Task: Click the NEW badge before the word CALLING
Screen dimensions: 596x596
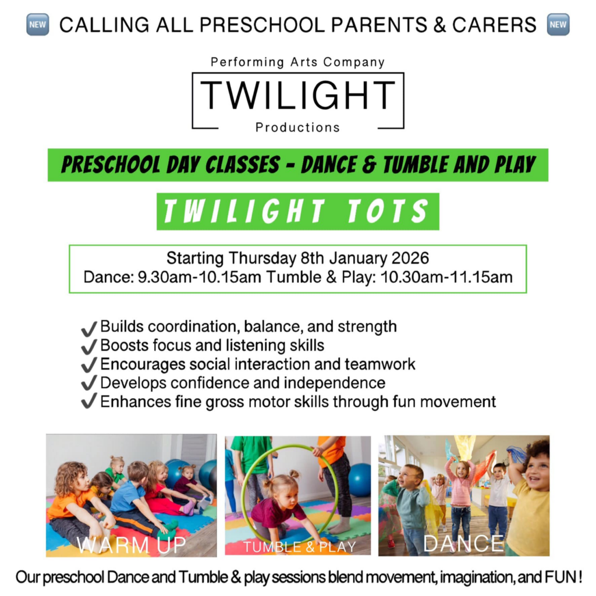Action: [38, 24]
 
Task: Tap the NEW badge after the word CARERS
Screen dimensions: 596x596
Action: [558, 24]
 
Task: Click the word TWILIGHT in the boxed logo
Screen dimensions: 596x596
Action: [297, 95]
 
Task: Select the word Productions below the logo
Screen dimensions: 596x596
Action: [297, 127]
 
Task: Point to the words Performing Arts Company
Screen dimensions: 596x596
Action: [297, 62]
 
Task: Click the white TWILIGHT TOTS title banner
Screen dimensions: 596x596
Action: [297, 211]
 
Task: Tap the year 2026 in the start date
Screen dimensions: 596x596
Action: [410, 258]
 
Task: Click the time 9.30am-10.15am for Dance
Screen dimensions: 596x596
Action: [199, 277]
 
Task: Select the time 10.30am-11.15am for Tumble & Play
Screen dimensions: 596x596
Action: [446, 277]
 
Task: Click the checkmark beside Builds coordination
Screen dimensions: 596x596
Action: [89, 328]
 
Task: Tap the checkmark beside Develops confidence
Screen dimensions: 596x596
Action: [89, 383]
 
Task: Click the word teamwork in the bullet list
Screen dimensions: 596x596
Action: [379, 364]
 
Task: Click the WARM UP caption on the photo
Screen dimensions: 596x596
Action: [132, 545]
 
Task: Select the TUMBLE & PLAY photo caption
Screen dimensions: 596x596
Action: [300, 547]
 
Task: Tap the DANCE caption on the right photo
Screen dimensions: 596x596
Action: [464, 544]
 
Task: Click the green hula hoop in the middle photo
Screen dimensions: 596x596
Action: [243, 490]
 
